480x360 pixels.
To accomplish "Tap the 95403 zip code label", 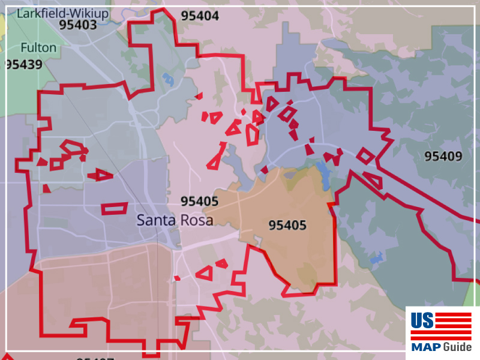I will [x=79, y=25].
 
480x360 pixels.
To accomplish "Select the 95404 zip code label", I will [x=200, y=16].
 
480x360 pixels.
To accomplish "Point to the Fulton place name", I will [x=38, y=47].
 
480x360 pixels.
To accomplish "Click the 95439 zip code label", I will [x=24, y=64].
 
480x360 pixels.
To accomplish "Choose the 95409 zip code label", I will [x=443, y=157].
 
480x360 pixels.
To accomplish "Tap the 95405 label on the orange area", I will [x=287, y=226].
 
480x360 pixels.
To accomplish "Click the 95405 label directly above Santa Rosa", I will [x=199, y=202].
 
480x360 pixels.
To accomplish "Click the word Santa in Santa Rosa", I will [x=153, y=220].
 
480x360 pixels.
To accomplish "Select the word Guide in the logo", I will [x=457, y=347].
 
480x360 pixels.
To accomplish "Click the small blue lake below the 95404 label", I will [x=168, y=79].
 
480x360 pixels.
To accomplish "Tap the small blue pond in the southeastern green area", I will [x=377, y=259].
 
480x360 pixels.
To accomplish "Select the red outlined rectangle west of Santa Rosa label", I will [x=114, y=208].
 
